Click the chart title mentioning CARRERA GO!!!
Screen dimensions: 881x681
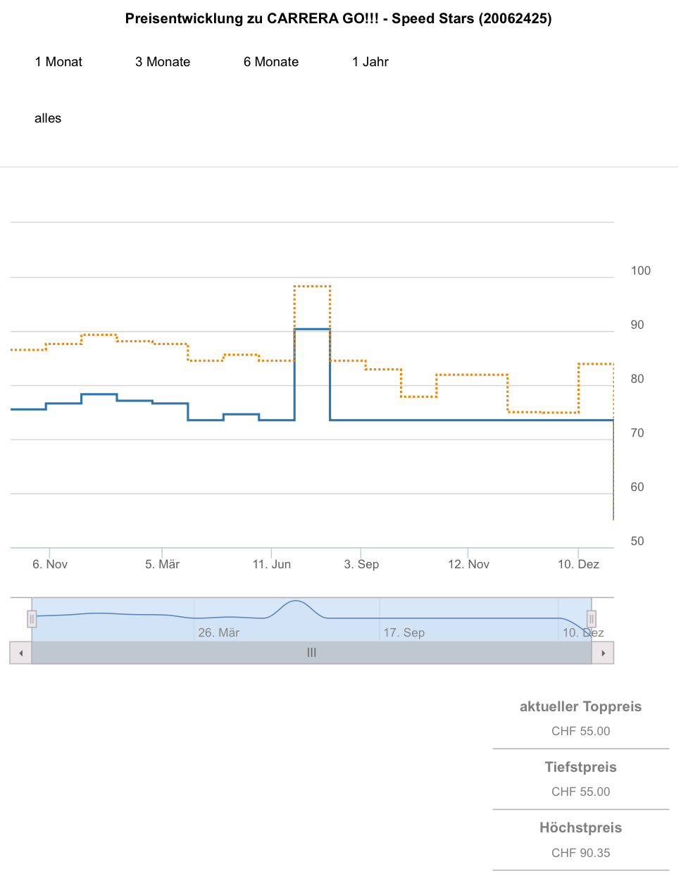click(338, 19)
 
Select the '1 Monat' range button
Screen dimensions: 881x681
click(58, 62)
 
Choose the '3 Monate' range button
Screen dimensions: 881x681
click(163, 62)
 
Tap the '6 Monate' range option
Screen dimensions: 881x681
click(271, 62)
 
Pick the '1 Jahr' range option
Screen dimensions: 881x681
click(370, 62)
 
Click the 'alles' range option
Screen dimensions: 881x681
click(48, 118)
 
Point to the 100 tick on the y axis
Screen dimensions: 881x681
click(640, 270)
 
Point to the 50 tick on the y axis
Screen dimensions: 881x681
click(637, 541)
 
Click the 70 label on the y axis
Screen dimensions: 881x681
click(637, 433)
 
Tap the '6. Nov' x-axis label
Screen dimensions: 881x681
click(50, 564)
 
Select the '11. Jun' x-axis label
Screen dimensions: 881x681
click(272, 564)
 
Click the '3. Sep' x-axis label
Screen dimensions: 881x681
click(361, 564)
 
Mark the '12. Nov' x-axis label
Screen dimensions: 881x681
click(468, 564)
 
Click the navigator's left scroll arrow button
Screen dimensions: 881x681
click(21, 653)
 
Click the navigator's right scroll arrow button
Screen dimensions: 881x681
click(603, 653)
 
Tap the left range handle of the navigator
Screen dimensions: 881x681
click(32, 619)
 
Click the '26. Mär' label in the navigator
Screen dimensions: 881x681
click(218, 632)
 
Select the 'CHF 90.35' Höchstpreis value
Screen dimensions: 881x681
click(580, 853)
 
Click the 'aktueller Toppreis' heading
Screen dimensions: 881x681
click(580, 706)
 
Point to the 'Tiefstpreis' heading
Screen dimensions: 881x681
click(580, 767)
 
